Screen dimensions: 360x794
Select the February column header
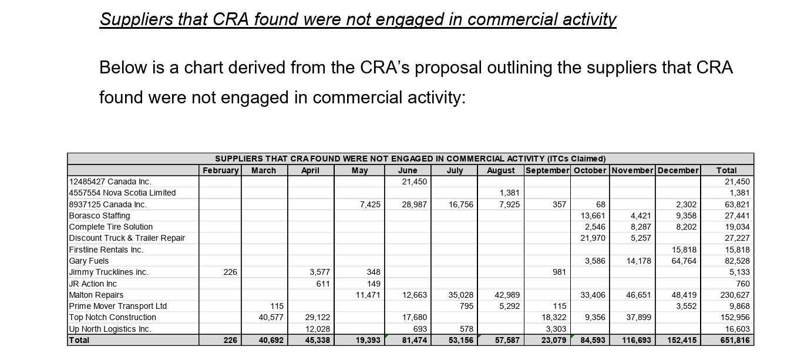point(220,170)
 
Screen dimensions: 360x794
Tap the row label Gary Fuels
point(89,261)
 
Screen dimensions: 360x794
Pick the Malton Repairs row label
point(96,295)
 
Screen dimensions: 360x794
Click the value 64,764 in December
point(684,261)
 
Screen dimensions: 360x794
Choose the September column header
point(547,170)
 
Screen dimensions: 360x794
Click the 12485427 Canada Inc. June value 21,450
point(414,181)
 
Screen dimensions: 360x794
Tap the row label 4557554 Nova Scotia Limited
point(122,193)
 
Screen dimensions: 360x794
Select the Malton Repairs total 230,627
point(735,295)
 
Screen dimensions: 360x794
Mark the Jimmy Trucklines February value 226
point(231,272)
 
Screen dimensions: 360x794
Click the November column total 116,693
point(635,340)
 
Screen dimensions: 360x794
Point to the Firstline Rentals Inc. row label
point(106,250)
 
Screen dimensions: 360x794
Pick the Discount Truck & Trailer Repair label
point(127,238)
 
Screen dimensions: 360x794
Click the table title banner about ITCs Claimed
point(410,159)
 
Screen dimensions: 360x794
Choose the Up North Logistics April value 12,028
point(318,329)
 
